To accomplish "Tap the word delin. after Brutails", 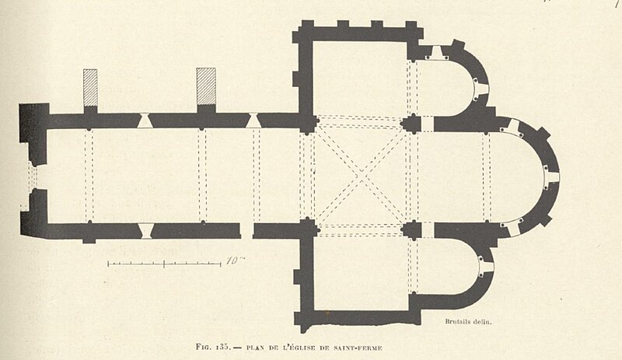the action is pos(483,322).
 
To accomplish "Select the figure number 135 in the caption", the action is pos(223,347).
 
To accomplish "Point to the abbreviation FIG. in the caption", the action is pos(204,347).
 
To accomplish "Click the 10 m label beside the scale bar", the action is pos(236,260).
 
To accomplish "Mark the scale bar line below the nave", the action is pos(164,264).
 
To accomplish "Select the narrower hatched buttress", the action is pos(90,88).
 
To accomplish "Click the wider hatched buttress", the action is pos(206,86).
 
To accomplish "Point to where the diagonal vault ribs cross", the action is pos(361,175).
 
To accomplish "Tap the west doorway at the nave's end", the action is pos(32,177).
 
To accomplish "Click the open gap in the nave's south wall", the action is pos(246,231).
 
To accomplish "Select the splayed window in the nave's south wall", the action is pos(146,231).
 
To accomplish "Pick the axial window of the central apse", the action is pos(552,177).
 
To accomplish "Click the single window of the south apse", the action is pos(486,267).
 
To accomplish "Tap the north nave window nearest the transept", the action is pos(253,121).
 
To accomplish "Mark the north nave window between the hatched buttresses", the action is pos(145,121).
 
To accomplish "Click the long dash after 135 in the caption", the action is pos(238,348).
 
